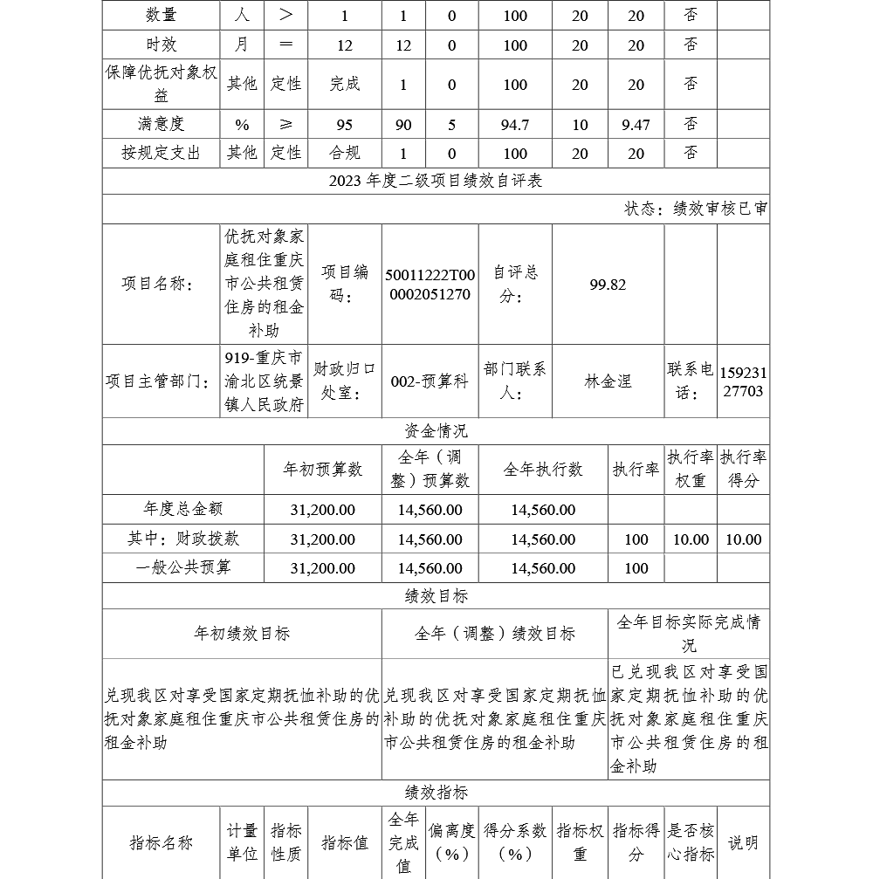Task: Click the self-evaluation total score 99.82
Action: click(608, 285)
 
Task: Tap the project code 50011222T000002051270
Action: click(428, 285)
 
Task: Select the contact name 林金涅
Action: click(608, 381)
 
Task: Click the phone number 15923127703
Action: click(743, 381)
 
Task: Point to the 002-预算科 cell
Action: click(430, 381)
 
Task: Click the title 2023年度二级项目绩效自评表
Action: click(436, 181)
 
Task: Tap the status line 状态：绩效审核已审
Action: click(696, 209)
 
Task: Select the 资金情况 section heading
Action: click(436, 430)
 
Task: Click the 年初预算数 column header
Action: click(322, 469)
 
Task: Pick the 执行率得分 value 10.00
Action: click(743, 539)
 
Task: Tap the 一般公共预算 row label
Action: click(183, 568)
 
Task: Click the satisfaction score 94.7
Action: click(515, 125)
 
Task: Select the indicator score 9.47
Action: click(636, 125)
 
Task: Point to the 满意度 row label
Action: click(161, 125)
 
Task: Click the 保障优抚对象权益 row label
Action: click(161, 85)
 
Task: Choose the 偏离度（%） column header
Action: click(451, 842)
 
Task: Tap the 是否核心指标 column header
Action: click(691, 842)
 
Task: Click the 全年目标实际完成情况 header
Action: click(689, 634)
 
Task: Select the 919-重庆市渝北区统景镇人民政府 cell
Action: click(265, 381)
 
